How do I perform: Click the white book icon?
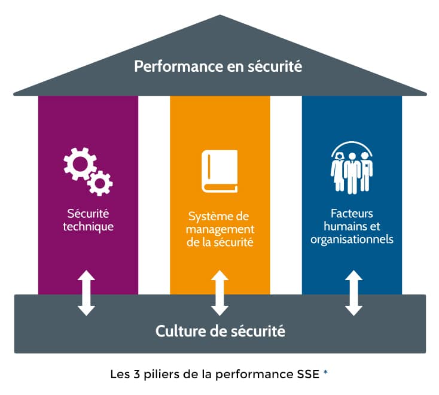[x=219, y=171]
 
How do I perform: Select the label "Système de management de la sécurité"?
[x=219, y=229]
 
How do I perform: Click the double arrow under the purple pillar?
[x=87, y=293]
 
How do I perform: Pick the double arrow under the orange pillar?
[x=219, y=293]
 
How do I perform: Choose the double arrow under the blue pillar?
[x=353, y=293]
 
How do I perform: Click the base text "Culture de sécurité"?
[x=220, y=330]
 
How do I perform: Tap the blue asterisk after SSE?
[x=325, y=373]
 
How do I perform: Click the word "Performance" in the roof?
[x=170, y=66]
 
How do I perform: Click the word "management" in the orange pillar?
[x=220, y=230]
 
